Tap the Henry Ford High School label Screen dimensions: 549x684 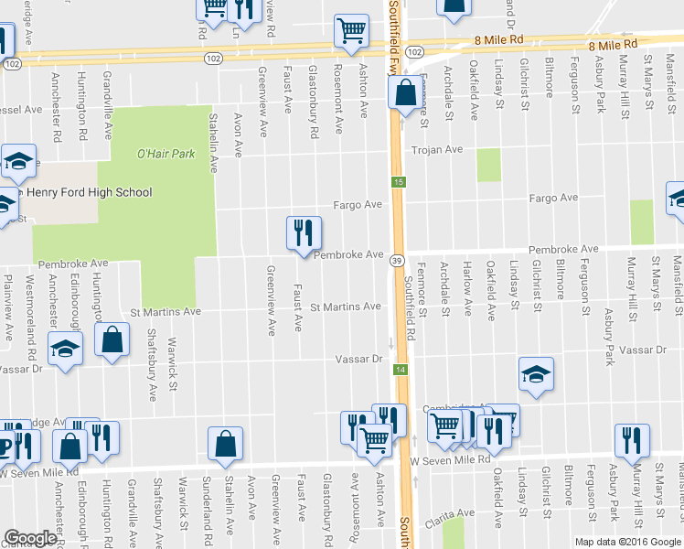[89, 192]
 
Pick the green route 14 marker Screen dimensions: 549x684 [400, 369]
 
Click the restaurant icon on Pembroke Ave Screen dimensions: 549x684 [304, 234]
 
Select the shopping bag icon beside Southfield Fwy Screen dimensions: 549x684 [404, 93]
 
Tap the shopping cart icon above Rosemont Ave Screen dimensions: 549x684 [351, 32]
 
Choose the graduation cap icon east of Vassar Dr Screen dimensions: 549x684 [536, 374]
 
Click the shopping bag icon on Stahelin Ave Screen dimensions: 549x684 [225, 445]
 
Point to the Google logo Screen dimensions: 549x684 [30, 538]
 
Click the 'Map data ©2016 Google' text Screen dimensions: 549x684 [626, 542]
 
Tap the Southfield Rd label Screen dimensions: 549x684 [409, 308]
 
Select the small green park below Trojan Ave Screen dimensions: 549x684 [490, 164]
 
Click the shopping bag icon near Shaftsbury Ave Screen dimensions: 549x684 [111, 341]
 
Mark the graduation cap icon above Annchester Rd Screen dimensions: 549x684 [65, 349]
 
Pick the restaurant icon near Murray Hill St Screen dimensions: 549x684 [632, 441]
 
